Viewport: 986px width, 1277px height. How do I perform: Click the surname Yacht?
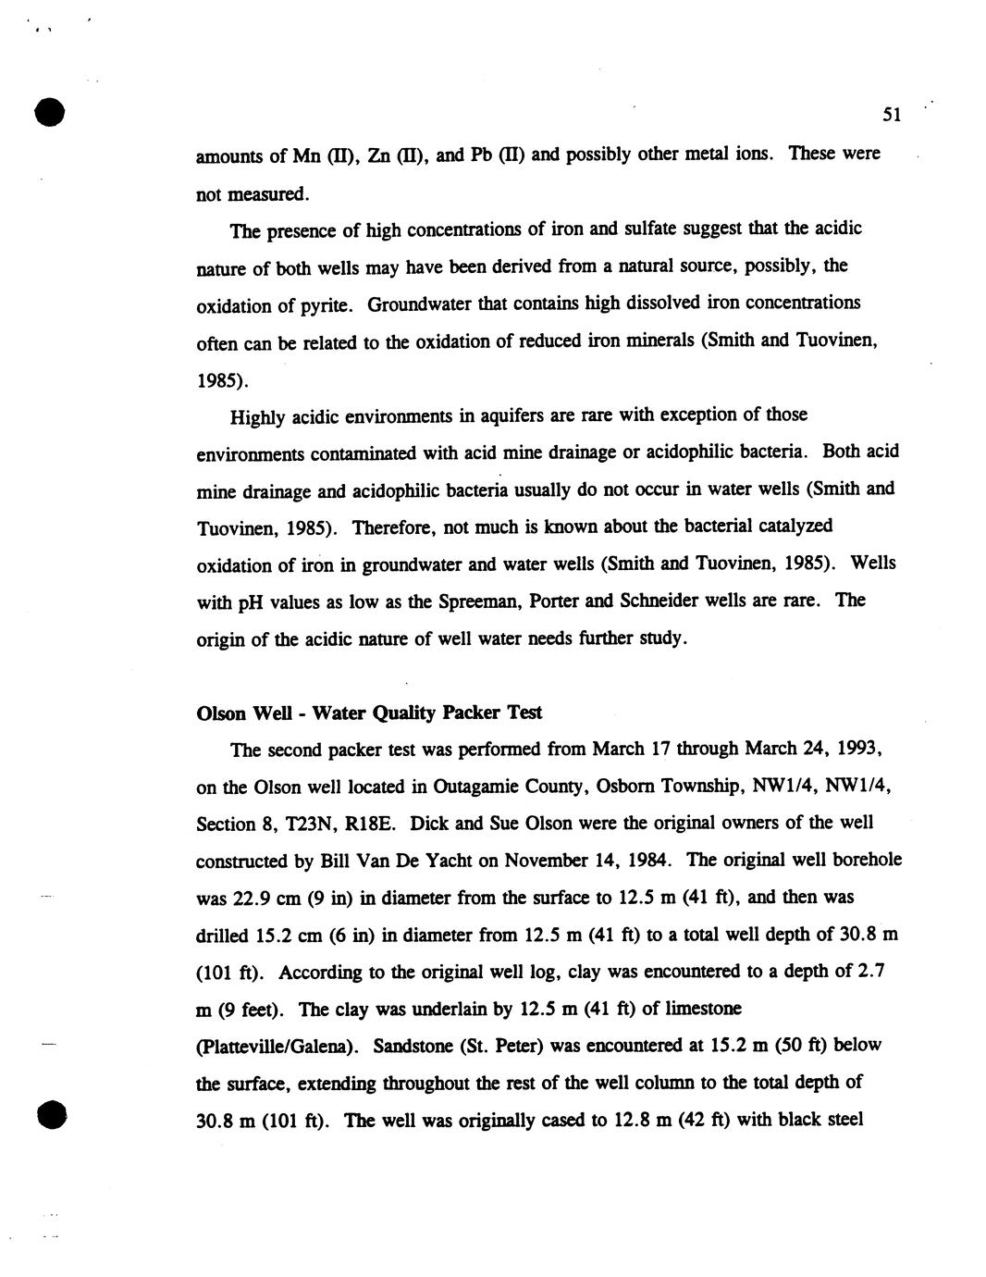pos(445,862)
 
